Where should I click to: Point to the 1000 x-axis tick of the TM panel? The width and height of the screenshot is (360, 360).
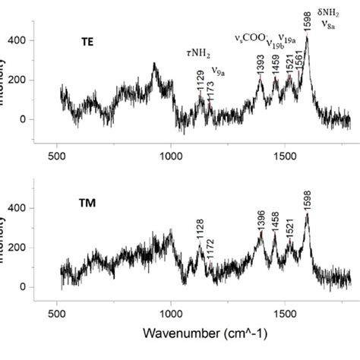(171, 311)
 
